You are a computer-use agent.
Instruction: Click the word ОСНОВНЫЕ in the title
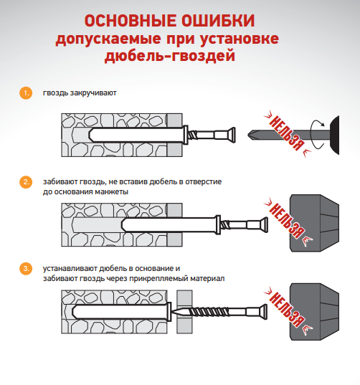click(x=131, y=20)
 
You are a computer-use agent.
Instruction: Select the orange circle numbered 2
click(x=27, y=182)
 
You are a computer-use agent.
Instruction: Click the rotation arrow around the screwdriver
click(x=316, y=133)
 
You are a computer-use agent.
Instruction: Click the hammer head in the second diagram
click(x=316, y=222)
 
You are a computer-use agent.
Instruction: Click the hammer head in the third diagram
click(x=316, y=310)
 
